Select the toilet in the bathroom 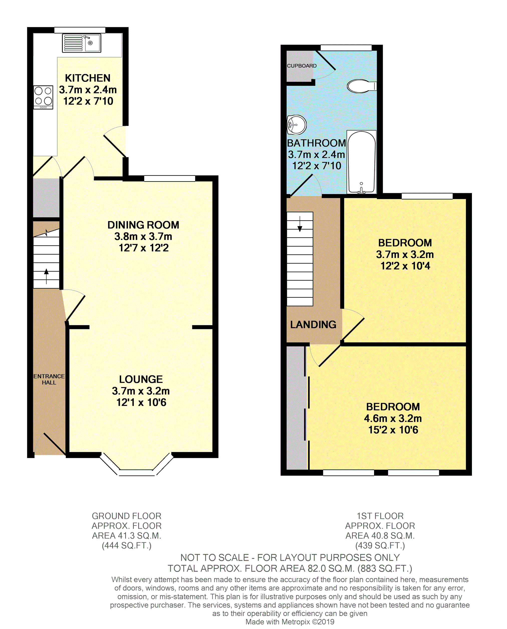coord(362,86)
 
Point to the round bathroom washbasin coord(296,125)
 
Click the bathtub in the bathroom coord(362,162)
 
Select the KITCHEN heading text coord(88,78)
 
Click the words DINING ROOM coord(143,225)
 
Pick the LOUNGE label coord(141,379)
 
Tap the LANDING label coord(313,325)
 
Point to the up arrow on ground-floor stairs coord(46,276)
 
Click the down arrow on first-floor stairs coord(300,224)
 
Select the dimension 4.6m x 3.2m coord(393,418)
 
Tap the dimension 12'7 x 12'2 coord(144,248)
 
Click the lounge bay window coord(137,464)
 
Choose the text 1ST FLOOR coord(380,516)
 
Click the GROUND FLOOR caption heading coord(126,516)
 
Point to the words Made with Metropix coord(278,622)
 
